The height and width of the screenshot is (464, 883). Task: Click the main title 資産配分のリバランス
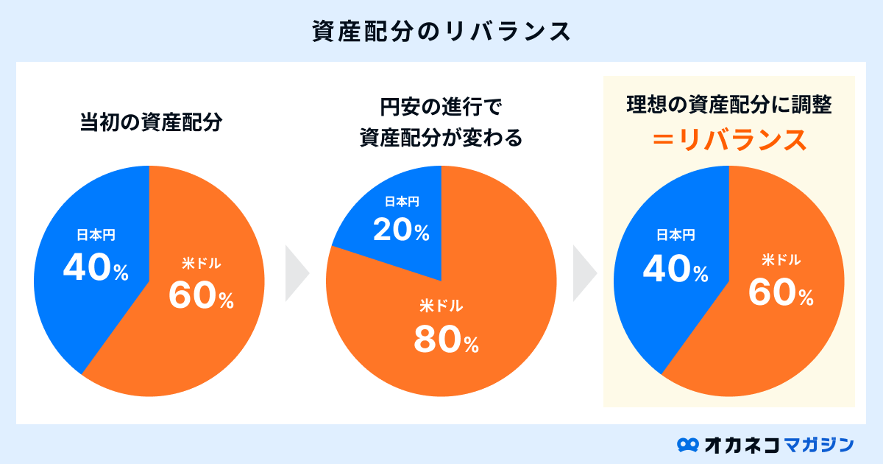pos(441,32)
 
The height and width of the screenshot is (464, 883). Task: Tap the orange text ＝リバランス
pos(728,139)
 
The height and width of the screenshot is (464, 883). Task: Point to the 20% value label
pos(401,231)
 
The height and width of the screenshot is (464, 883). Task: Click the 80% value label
pos(446,340)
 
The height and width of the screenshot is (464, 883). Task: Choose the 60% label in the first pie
pos(201,295)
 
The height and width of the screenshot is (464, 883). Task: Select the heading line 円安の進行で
pos(441,108)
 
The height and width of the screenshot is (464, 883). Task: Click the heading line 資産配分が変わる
pos(441,138)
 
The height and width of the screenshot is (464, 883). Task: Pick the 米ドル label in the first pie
pos(201,263)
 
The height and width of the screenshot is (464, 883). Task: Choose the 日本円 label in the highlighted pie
pos(675,235)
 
